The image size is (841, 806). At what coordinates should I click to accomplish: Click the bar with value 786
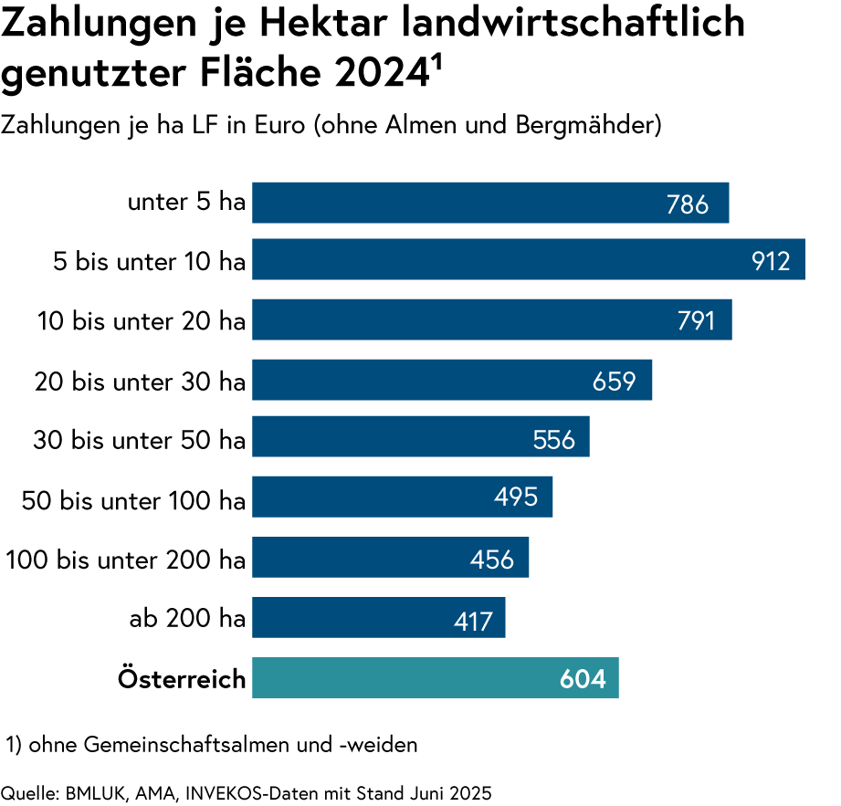pos(457,203)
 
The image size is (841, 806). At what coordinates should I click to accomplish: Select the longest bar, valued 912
pos(493,259)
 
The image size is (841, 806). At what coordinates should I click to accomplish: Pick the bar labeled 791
pos(457,319)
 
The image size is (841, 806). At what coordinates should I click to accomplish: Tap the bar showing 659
pos(420,380)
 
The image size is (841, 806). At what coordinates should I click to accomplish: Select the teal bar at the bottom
pos(402,678)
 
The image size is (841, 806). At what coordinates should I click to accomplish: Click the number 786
pos(688,204)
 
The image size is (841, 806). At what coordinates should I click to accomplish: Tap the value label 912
pos(771,262)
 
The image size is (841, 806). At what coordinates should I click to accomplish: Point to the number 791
pos(696,321)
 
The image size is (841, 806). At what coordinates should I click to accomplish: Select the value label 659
pos(614,382)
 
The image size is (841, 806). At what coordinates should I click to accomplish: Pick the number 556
pos(554,440)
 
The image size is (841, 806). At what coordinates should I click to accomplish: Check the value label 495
pos(516,497)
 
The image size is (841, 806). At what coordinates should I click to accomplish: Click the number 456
pos(492,560)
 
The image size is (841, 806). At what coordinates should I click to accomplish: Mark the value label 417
pos(473,622)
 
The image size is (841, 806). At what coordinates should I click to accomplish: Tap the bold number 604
pos(583,679)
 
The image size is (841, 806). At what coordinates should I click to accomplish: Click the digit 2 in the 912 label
pos(783,262)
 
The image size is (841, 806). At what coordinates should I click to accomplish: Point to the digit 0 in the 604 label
pos(583,679)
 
